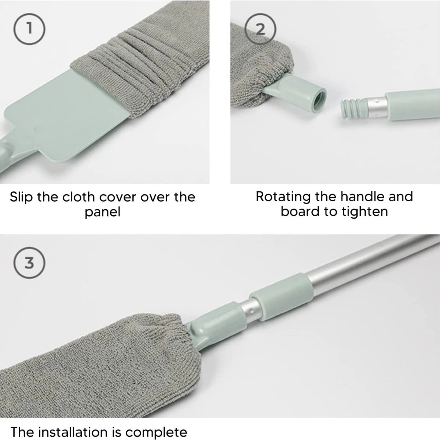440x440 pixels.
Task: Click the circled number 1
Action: point(29,29)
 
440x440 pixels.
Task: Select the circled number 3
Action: point(29,263)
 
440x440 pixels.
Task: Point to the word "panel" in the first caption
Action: point(103,212)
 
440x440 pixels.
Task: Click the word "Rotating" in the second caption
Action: point(283,197)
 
